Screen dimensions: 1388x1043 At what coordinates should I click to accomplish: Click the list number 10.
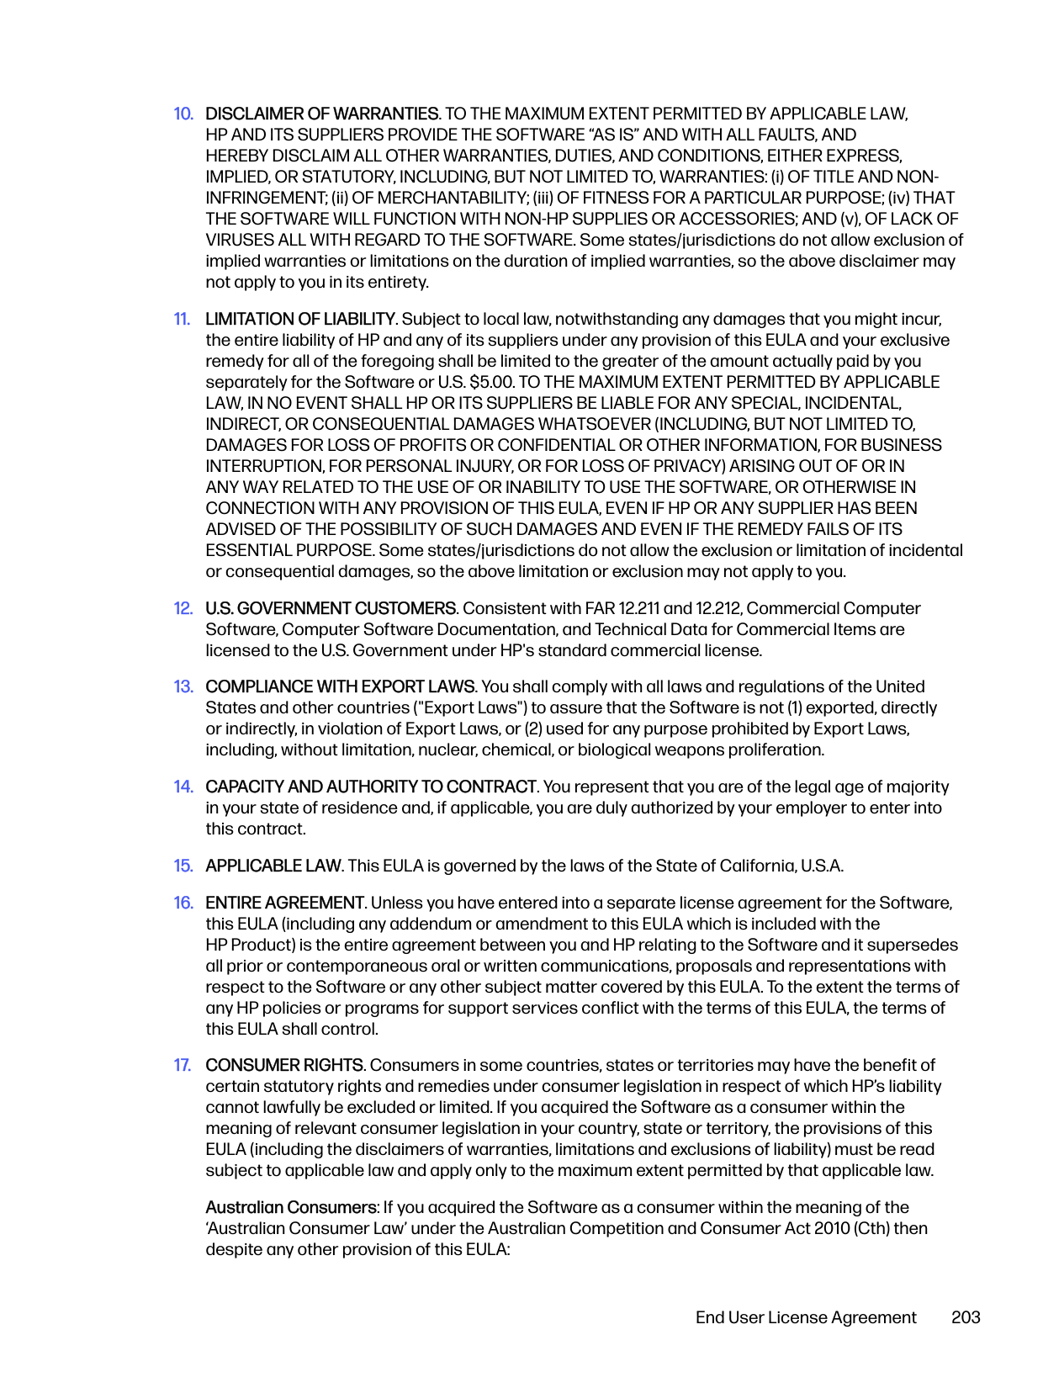coord(183,114)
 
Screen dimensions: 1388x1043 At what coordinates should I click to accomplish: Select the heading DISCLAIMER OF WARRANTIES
coord(322,114)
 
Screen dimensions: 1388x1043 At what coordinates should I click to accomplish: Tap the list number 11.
coord(183,319)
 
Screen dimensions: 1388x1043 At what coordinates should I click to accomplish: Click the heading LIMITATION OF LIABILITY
coord(300,319)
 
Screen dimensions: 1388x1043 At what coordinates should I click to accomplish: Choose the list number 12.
coord(183,608)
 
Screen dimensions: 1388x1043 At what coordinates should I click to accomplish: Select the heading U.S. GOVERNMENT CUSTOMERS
coord(331,608)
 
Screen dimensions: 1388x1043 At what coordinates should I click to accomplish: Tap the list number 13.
coord(183,686)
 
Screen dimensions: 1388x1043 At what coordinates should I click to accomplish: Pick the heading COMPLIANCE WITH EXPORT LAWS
coord(341,686)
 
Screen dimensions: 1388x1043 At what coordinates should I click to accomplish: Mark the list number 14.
coord(183,787)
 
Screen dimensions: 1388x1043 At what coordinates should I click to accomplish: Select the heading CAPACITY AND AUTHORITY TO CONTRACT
coord(371,787)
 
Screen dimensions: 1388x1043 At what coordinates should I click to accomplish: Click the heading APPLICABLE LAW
coord(273,866)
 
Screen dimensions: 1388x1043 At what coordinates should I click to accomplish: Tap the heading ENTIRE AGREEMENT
coord(285,903)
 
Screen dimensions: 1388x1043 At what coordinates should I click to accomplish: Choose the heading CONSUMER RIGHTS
coord(284,1065)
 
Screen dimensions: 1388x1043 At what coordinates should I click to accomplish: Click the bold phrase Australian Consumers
coord(291,1207)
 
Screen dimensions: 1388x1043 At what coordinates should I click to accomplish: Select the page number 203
coord(966,1317)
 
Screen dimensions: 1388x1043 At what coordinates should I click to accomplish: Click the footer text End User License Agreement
coord(806,1317)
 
